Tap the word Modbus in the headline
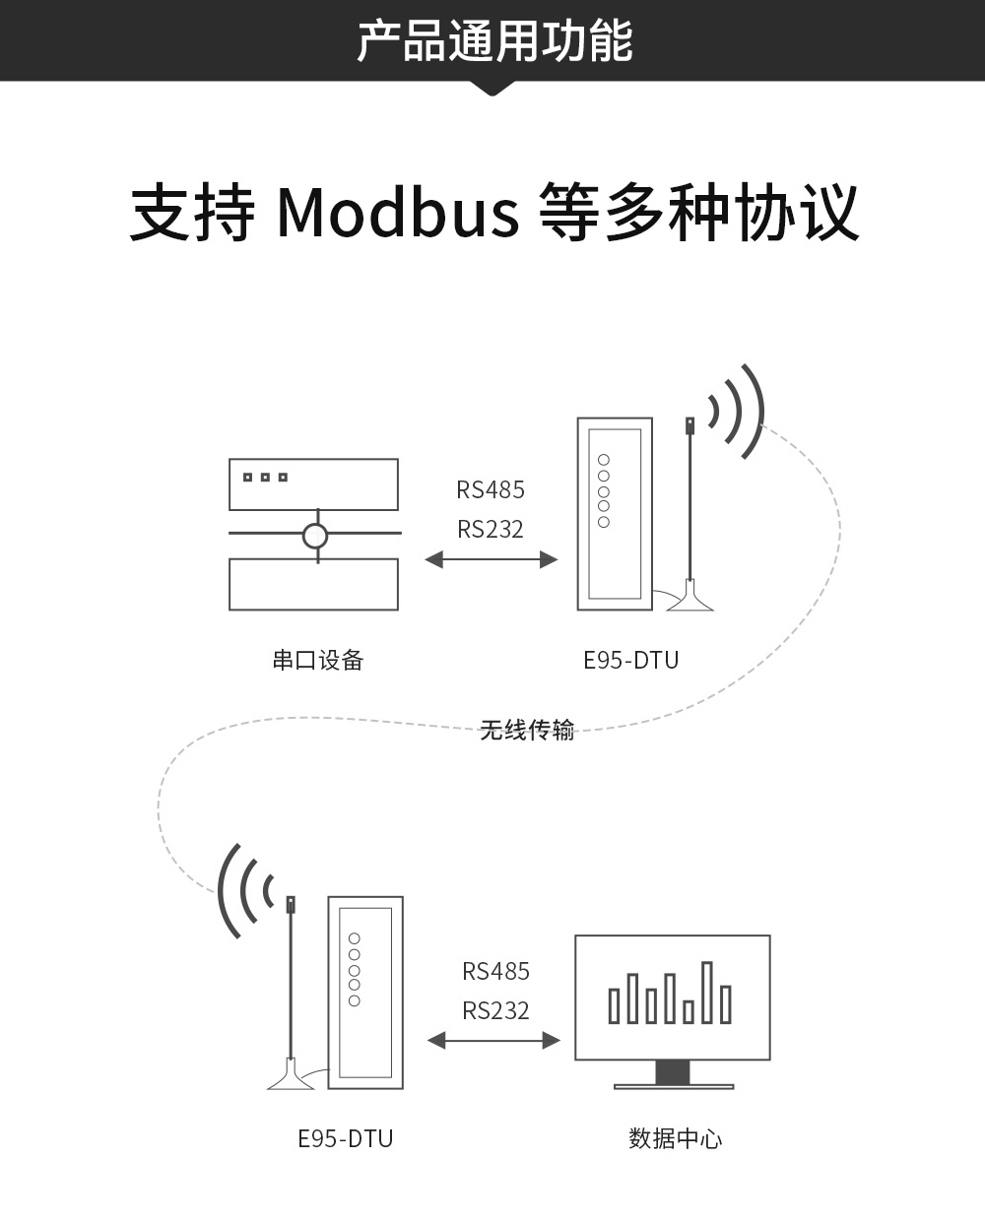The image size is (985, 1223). (x=397, y=212)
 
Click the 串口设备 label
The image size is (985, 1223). (x=318, y=660)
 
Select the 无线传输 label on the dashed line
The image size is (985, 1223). (x=526, y=730)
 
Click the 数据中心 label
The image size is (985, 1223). (x=675, y=1139)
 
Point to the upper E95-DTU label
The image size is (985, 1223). (x=630, y=660)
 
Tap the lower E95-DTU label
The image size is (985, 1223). (x=345, y=1139)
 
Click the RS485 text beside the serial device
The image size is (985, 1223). (x=491, y=489)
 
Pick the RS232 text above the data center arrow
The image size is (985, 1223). (x=495, y=1010)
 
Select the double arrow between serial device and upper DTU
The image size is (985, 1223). (x=491, y=559)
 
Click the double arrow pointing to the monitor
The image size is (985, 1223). (x=493, y=1040)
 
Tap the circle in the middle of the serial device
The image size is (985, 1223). (x=314, y=536)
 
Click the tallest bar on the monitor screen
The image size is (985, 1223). (x=706, y=992)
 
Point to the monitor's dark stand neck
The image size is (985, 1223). (x=673, y=1071)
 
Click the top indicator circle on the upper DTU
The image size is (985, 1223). (x=604, y=460)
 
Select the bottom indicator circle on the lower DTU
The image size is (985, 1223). (x=355, y=1000)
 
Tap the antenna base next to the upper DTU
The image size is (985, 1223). (x=689, y=599)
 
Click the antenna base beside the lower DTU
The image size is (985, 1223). (x=291, y=1076)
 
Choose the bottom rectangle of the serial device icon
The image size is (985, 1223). (x=313, y=585)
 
